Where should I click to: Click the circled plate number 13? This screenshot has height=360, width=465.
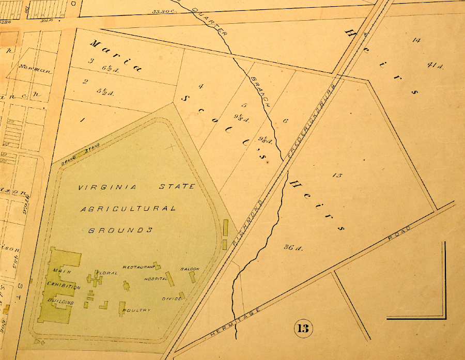[x=303, y=328]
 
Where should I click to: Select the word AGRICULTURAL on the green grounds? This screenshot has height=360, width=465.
[x=127, y=209]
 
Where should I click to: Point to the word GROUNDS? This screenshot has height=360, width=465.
[x=121, y=230]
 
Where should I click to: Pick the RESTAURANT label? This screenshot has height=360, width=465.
[x=138, y=267]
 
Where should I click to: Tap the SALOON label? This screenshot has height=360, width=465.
[x=190, y=269]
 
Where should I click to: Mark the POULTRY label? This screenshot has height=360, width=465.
[x=137, y=310]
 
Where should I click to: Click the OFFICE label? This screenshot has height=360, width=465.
[x=172, y=299]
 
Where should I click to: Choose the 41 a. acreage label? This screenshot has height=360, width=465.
[x=436, y=66]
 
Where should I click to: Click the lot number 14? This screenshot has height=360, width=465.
[x=416, y=40]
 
